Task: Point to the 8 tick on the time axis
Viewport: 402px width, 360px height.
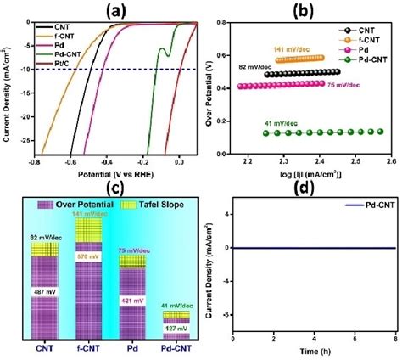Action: click(x=394, y=340)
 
